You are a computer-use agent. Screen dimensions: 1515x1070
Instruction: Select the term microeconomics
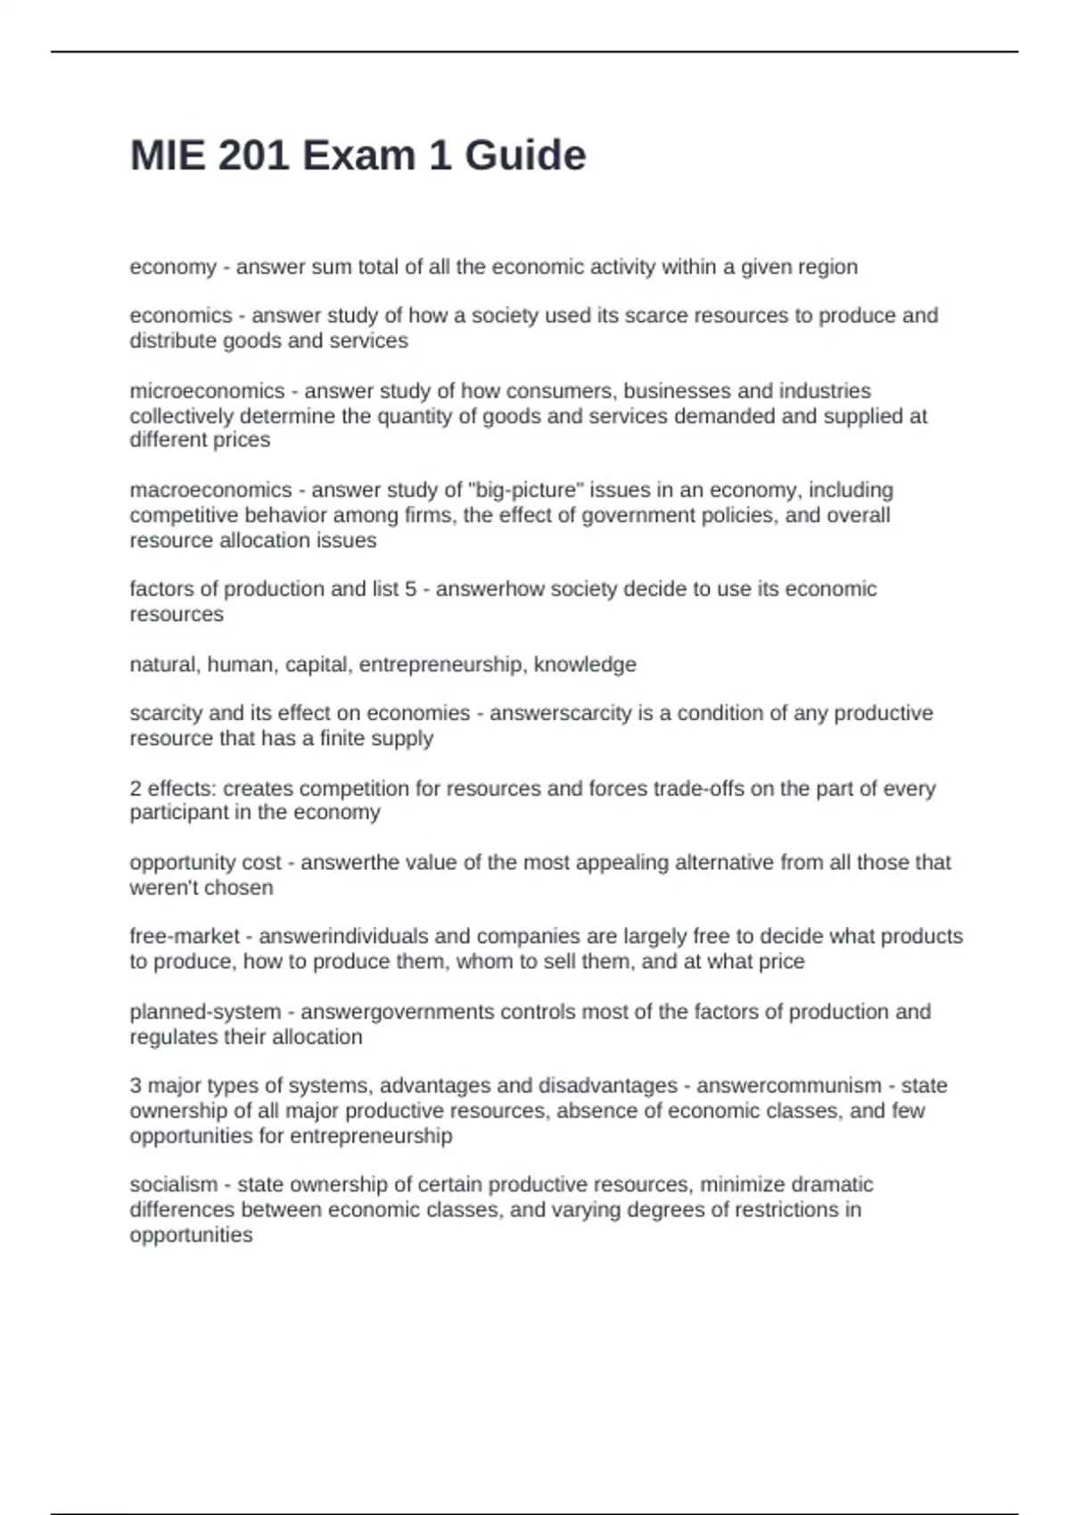click(x=207, y=391)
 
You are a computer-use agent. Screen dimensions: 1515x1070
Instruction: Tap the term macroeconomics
click(x=210, y=490)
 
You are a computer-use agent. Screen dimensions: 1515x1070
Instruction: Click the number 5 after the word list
click(x=410, y=589)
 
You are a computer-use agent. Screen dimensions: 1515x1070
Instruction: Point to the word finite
click(x=339, y=739)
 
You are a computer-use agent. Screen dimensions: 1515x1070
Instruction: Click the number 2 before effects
click(x=136, y=789)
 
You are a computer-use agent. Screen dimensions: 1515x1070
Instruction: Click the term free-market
click(x=185, y=937)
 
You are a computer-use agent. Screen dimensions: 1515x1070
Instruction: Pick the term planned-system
click(x=205, y=1012)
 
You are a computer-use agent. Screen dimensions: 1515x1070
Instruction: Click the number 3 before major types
click(x=136, y=1086)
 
